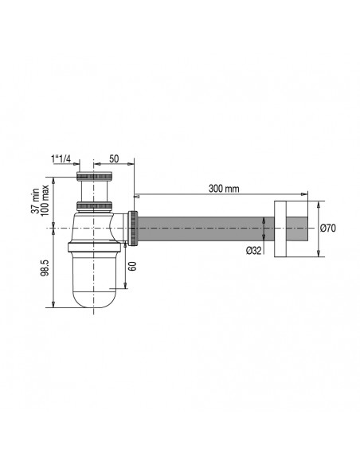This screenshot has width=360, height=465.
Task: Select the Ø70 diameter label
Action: pyautogui.click(x=329, y=228)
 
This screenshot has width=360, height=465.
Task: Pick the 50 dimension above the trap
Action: pyautogui.click(x=115, y=159)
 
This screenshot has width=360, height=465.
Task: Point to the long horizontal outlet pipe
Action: pyautogui.click(x=207, y=229)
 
